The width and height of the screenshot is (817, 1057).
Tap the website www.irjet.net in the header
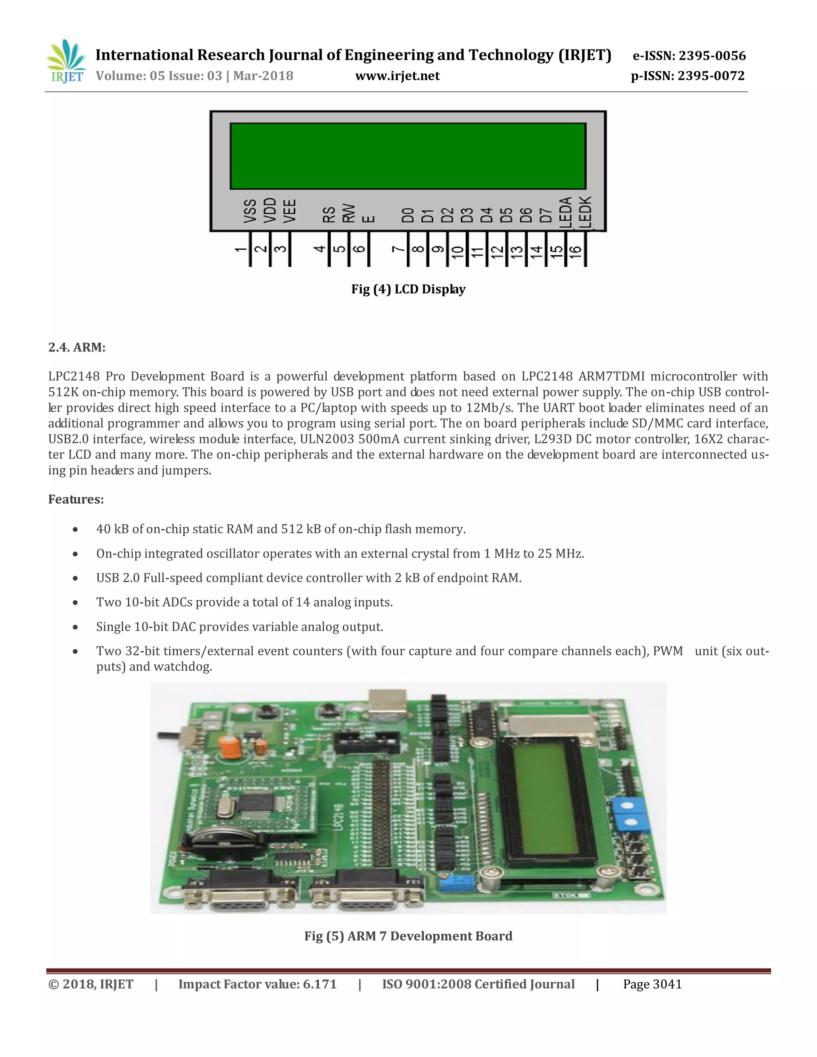click(x=397, y=76)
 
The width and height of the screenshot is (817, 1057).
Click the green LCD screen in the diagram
click(x=408, y=156)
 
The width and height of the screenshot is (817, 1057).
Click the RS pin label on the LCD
click(x=329, y=215)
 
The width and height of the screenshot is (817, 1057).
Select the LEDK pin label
click(x=585, y=211)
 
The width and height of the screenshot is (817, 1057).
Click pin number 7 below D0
click(x=398, y=249)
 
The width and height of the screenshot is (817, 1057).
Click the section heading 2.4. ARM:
click(x=77, y=347)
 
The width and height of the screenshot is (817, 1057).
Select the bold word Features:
click(x=76, y=499)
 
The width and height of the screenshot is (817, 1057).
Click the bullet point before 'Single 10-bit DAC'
click(x=75, y=627)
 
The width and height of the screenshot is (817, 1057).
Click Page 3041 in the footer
click(x=652, y=984)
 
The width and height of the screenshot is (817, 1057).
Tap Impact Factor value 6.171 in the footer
click(x=257, y=984)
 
